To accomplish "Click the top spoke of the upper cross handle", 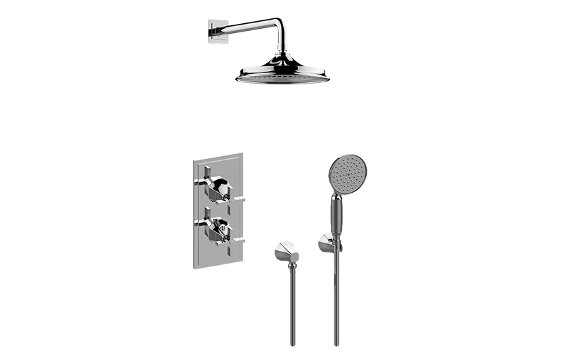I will pyautogui.click(x=209, y=169).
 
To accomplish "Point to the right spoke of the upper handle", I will pyautogui.click(x=237, y=201).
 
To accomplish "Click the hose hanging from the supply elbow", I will pyautogui.click(x=292, y=309).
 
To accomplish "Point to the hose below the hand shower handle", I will pyautogui.click(x=336, y=302).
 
